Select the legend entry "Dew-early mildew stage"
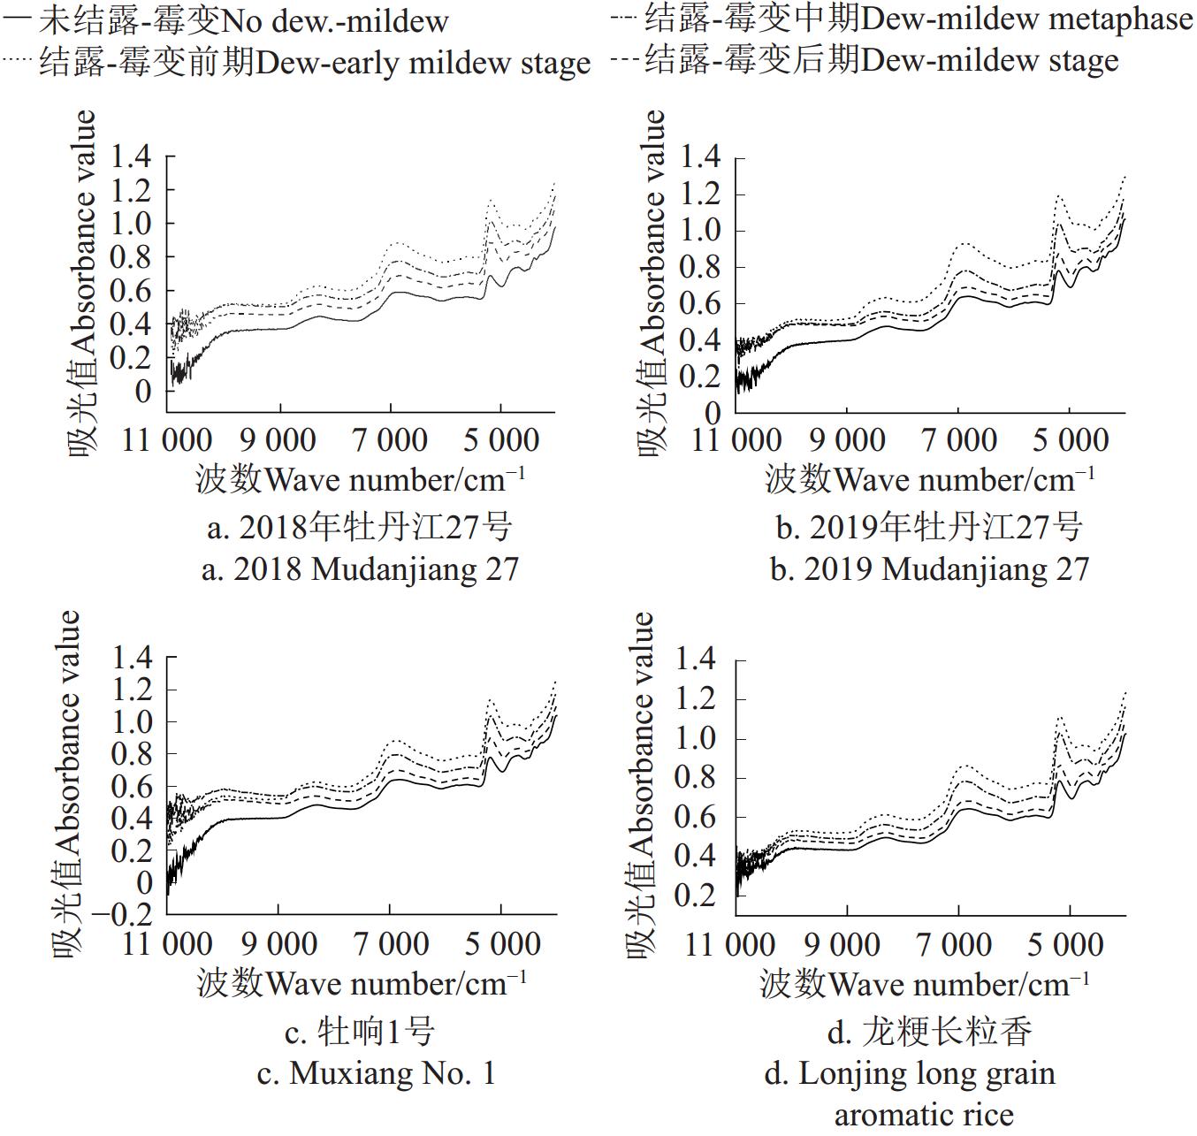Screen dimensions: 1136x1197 314,63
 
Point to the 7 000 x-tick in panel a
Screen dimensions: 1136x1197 391,439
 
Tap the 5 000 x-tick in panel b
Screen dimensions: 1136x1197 1070,439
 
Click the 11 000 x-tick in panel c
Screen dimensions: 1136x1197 167,943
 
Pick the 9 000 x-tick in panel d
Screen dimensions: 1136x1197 842,944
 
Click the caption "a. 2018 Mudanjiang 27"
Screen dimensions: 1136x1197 360,568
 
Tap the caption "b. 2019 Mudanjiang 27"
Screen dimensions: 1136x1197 929,568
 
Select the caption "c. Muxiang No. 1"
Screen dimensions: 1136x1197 376,1072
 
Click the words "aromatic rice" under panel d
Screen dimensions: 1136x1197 924,1115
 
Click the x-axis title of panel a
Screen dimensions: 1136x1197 360,480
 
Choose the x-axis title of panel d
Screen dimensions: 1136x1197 924,984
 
